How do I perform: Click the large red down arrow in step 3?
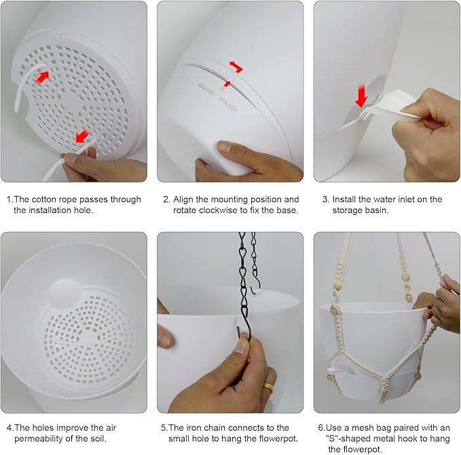(361, 96)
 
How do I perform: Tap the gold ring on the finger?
(268, 387)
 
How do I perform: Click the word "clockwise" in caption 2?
(223, 210)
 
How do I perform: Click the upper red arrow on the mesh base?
(42, 77)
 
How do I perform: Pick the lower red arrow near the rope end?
(82, 136)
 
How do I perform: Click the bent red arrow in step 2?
(236, 66)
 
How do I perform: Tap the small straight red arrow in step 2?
(227, 84)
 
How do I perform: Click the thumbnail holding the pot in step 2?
(226, 146)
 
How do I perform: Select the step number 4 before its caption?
(10, 428)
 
